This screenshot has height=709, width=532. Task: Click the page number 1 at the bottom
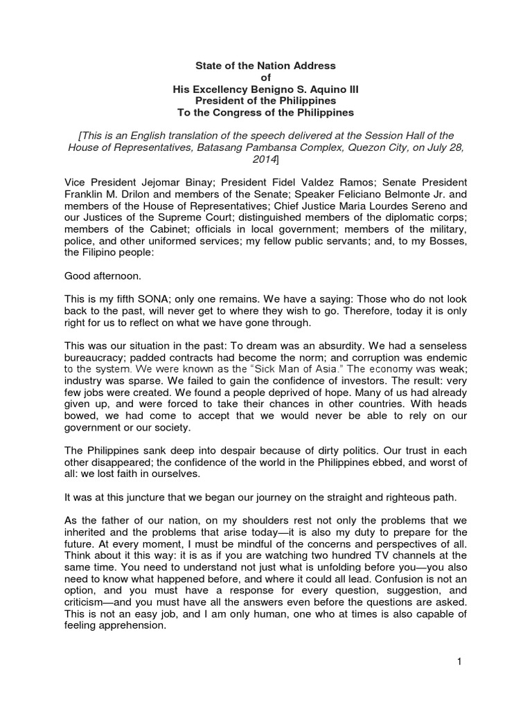[459, 662]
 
